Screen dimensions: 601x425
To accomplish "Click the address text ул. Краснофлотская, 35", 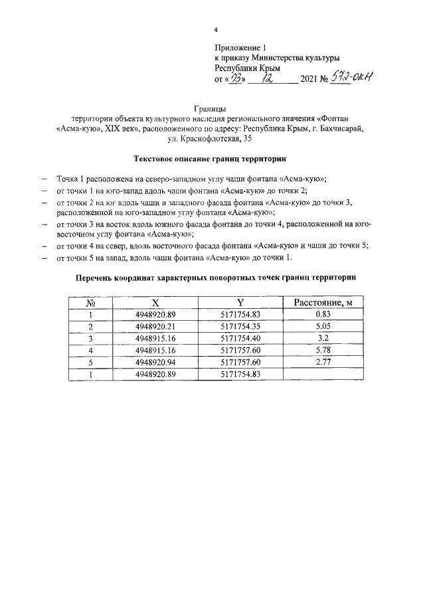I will [211, 139].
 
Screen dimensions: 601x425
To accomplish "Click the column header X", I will [155, 302].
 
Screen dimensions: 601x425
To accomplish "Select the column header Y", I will [242, 302].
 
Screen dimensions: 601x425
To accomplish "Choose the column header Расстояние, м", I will [323, 302].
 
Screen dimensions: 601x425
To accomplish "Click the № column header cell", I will [91, 302].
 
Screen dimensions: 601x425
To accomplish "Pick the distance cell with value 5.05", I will [323, 326].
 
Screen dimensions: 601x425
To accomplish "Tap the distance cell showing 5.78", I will [323, 350].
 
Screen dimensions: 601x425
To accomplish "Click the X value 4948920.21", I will [155, 326].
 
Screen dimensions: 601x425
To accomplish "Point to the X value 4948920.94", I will [155, 362].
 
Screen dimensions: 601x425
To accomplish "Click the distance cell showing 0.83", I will [323, 314].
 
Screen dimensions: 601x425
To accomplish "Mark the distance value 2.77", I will [323, 362].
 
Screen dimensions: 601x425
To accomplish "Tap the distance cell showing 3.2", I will [323, 338].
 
